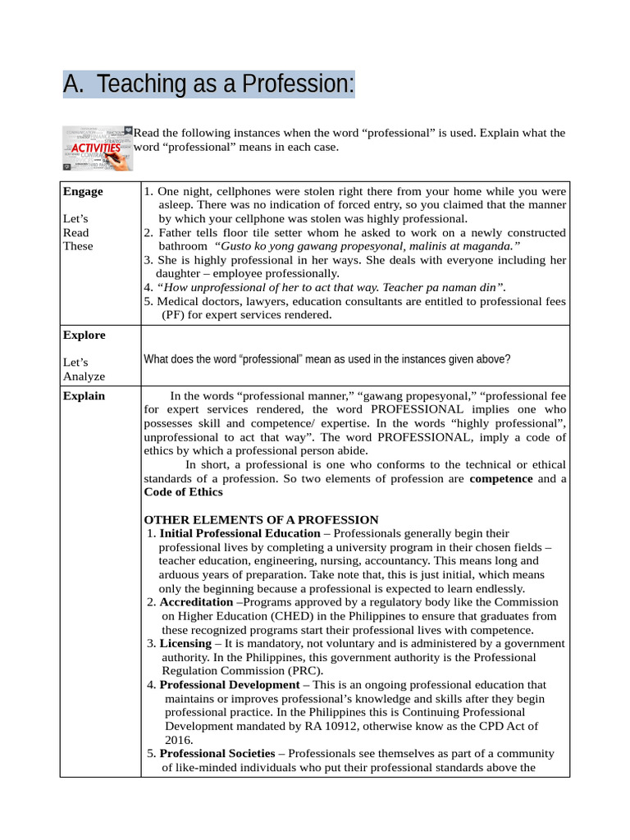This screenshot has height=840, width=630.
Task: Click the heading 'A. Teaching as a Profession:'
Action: [x=209, y=84]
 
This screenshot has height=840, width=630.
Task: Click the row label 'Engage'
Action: [x=83, y=191]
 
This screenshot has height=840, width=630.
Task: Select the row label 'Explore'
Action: [x=84, y=335]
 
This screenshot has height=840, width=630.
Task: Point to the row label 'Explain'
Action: [x=84, y=395]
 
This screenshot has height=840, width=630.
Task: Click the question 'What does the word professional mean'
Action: [x=326, y=359]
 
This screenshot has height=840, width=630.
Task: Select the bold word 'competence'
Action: [x=500, y=478]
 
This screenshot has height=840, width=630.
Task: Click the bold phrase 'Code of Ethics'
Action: [x=183, y=492]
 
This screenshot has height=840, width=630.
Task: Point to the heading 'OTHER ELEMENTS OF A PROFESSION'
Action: [x=261, y=520]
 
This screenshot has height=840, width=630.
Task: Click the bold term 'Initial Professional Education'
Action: [x=240, y=533]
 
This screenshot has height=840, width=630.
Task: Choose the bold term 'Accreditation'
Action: [x=196, y=602]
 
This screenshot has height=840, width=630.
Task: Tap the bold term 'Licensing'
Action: [x=185, y=643]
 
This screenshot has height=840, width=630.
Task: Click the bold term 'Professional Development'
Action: [x=230, y=684]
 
